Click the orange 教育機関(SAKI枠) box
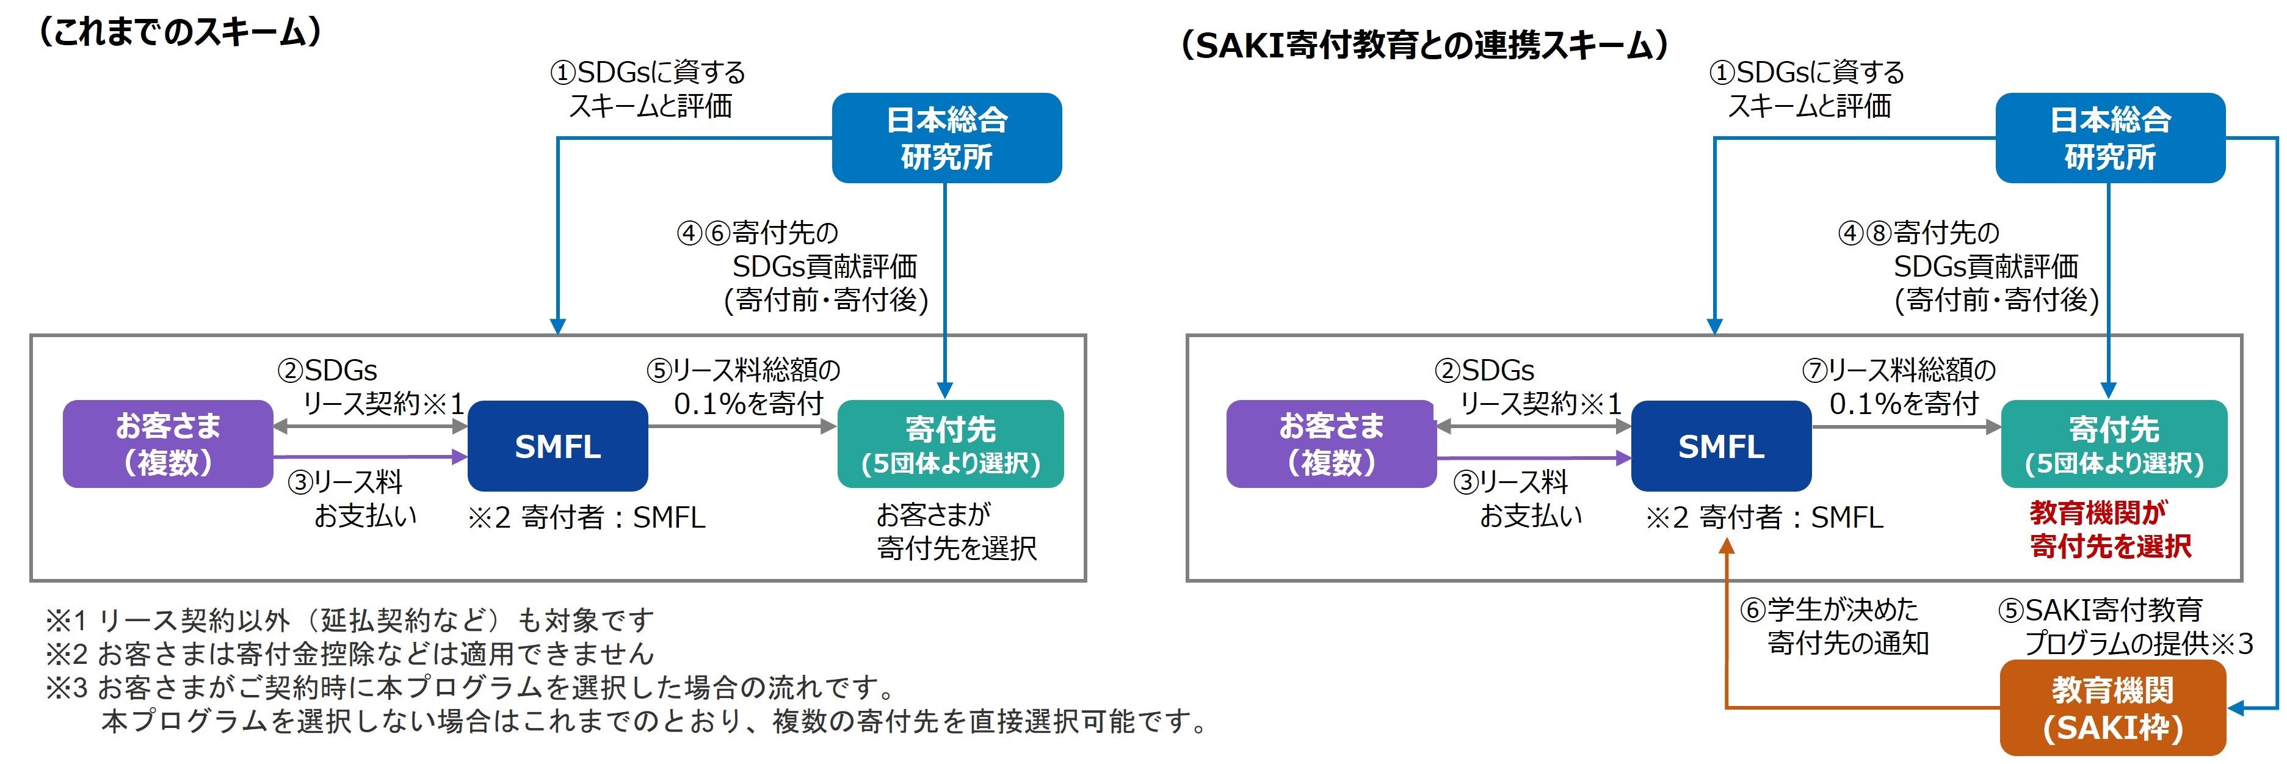tap(2112, 708)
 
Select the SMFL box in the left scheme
tap(557, 446)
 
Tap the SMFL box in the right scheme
tap(1720, 446)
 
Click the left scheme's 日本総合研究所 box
tap(946, 137)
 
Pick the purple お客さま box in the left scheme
tap(168, 443)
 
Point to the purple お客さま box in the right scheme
tap(1331, 443)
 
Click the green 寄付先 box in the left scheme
tap(950, 443)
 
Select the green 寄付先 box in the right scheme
tap(2114, 443)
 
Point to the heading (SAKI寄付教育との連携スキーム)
tap(1424, 45)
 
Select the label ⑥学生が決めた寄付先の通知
tap(1834, 627)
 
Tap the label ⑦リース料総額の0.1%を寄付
tap(1900, 387)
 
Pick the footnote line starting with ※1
tap(350, 619)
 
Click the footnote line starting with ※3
tap(471, 686)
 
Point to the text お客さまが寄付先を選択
tap(955, 531)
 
